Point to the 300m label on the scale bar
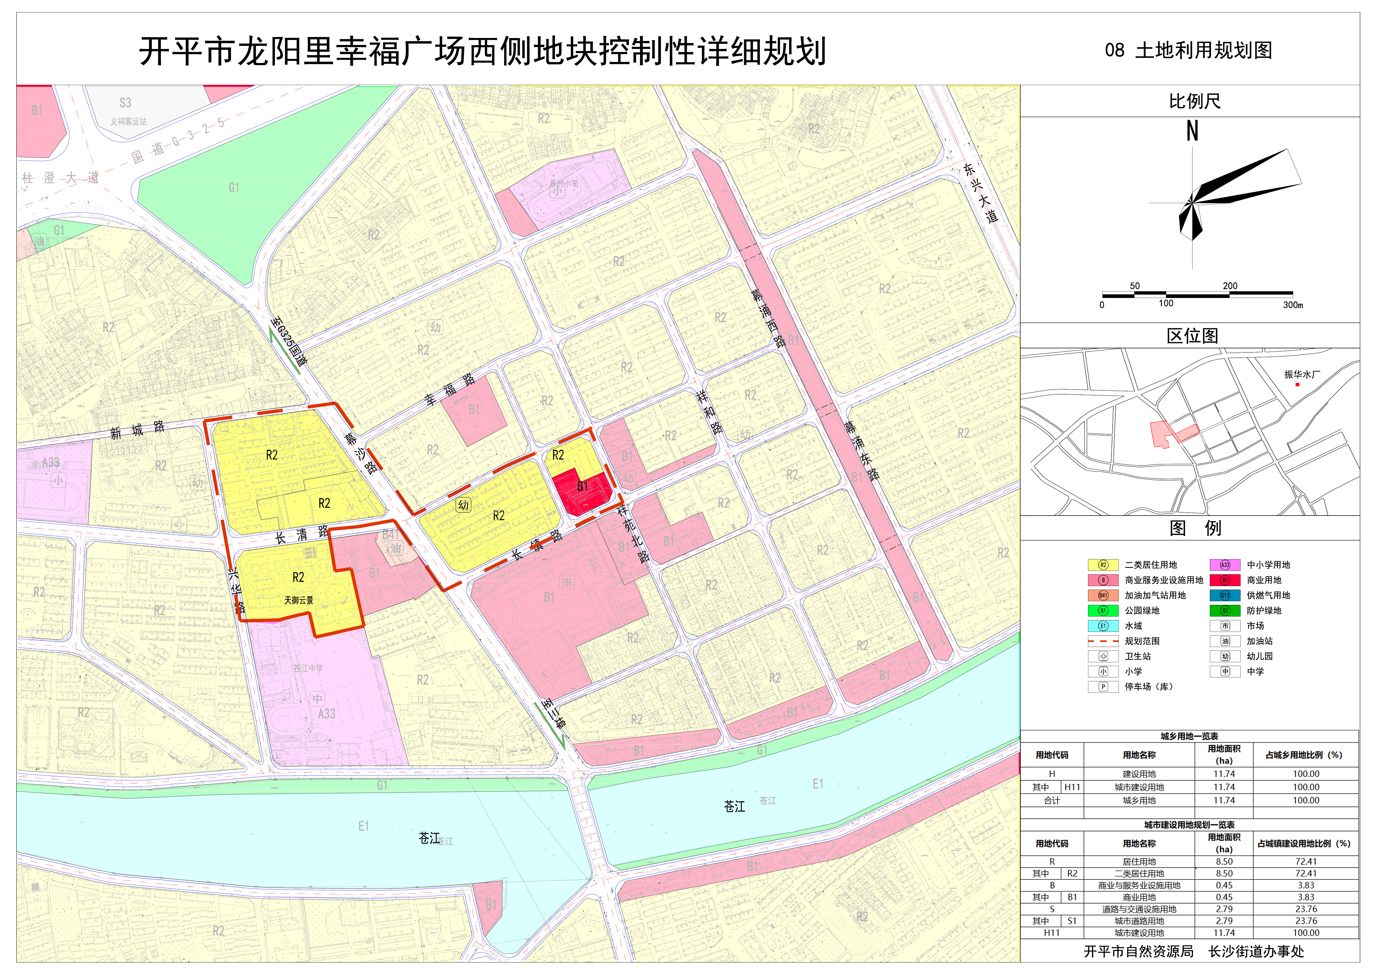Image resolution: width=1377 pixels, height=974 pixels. coord(1293,305)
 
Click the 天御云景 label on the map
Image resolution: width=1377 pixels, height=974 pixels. coord(299,600)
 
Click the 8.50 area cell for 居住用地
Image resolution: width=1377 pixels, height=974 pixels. coord(1224,861)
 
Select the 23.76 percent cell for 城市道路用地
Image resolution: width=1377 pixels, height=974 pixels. coord(1306,921)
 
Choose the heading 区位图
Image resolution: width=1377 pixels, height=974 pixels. coord(1192,336)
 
